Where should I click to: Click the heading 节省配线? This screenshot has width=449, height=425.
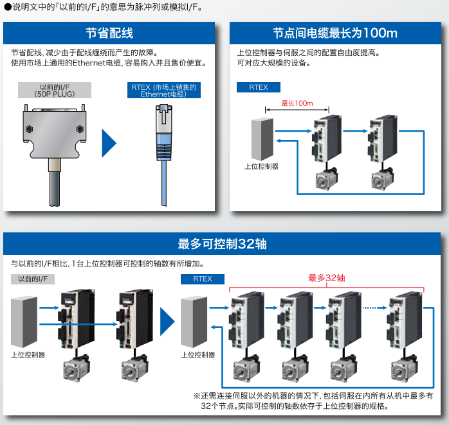coord(109,33)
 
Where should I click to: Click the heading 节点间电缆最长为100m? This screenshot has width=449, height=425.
coord(335,33)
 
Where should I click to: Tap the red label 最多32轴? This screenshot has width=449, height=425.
coord(327,278)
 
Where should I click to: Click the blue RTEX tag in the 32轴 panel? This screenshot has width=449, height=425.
coord(203,279)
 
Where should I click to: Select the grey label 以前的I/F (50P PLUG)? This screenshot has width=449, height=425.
coord(55,90)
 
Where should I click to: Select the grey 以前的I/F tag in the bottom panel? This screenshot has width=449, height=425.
coord(33,279)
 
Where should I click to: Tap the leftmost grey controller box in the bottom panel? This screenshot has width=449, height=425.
coord(25,320)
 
